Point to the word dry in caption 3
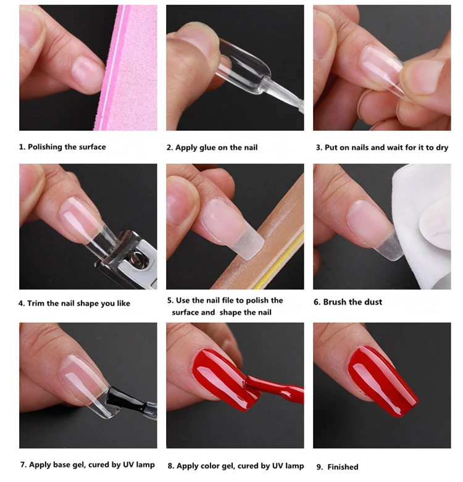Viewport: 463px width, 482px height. point(442,148)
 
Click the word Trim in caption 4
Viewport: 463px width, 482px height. point(34,304)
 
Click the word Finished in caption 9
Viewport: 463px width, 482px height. point(343,467)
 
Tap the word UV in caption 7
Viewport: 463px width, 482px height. point(129,465)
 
